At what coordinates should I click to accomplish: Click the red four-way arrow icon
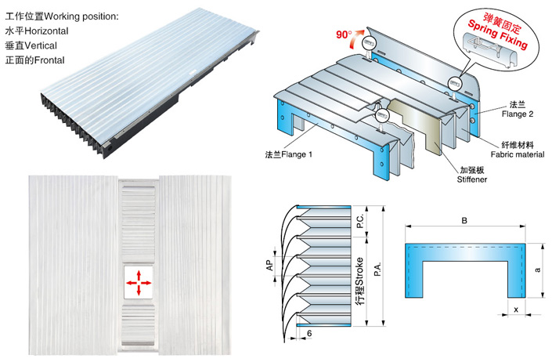(139, 282)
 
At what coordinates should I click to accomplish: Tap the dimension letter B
(464, 222)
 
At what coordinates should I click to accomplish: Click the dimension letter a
(538, 270)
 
